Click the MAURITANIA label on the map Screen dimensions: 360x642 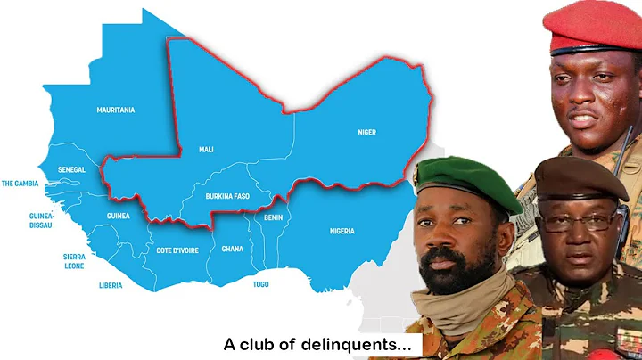116,110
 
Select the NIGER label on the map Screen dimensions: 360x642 366,132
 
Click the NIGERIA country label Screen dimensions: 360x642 342,231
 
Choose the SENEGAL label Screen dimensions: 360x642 70,168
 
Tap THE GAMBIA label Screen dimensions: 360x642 21,184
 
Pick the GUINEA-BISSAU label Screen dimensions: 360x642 41,220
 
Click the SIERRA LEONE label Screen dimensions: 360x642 74,259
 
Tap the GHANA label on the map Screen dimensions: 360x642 232,249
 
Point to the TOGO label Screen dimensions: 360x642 261,283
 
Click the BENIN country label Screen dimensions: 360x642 273,217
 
